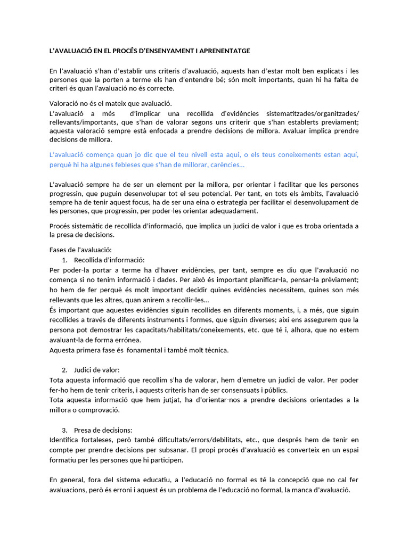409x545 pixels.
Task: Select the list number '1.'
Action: [x=64, y=260]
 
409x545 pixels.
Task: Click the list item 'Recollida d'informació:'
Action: [x=109, y=260]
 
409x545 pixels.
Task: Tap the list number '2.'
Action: [x=64, y=369]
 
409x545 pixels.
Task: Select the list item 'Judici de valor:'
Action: [x=97, y=369]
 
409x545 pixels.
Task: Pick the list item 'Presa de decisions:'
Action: [x=103, y=430]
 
